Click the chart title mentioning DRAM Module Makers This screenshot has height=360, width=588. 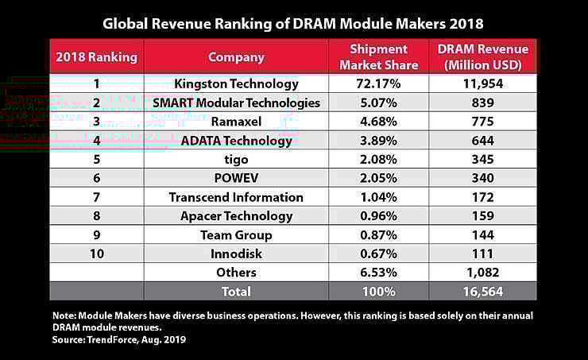[x=293, y=22]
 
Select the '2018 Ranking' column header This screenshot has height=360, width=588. [x=95, y=57]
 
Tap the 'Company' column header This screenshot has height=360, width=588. [x=236, y=57]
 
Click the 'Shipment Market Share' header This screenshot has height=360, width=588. [x=379, y=56]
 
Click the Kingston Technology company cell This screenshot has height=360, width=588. [x=236, y=83]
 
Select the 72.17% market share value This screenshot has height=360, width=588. [x=379, y=83]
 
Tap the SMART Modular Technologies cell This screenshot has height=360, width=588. [x=236, y=103]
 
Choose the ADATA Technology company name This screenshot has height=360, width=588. [x=236, y=141]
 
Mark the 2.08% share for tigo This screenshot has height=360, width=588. [x=379, y=159]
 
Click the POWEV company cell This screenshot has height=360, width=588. [x=236, y=178]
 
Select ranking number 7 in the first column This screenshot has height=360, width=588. [x=95, y=197]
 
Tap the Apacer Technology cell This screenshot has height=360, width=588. [x=236, y=216]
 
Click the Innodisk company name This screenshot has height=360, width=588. [x=236, y=254]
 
